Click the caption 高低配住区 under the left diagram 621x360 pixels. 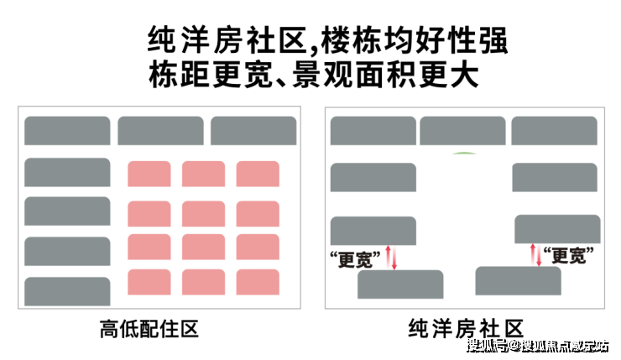[149, 329]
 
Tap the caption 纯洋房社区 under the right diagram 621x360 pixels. [466, 329]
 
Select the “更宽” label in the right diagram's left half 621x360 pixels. [355, 259]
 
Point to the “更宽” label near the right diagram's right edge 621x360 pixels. [568, 255]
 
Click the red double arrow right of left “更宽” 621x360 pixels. [391, 258]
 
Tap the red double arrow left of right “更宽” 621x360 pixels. [536, 255]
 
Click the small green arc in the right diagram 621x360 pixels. [465, 153]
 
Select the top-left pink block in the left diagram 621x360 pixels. [149, 174]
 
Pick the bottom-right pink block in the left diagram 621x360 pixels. [258, 282]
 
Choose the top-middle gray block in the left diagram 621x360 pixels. [160, 130]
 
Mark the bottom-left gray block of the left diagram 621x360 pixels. [67, 291]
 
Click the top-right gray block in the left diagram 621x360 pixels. [253, 130]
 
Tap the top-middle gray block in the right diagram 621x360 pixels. [462, 130]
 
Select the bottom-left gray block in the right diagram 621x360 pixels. [400, 284]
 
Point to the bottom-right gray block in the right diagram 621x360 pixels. [518, 280]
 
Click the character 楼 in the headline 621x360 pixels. [336, 40]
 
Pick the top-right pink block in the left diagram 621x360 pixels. [258, 174]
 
